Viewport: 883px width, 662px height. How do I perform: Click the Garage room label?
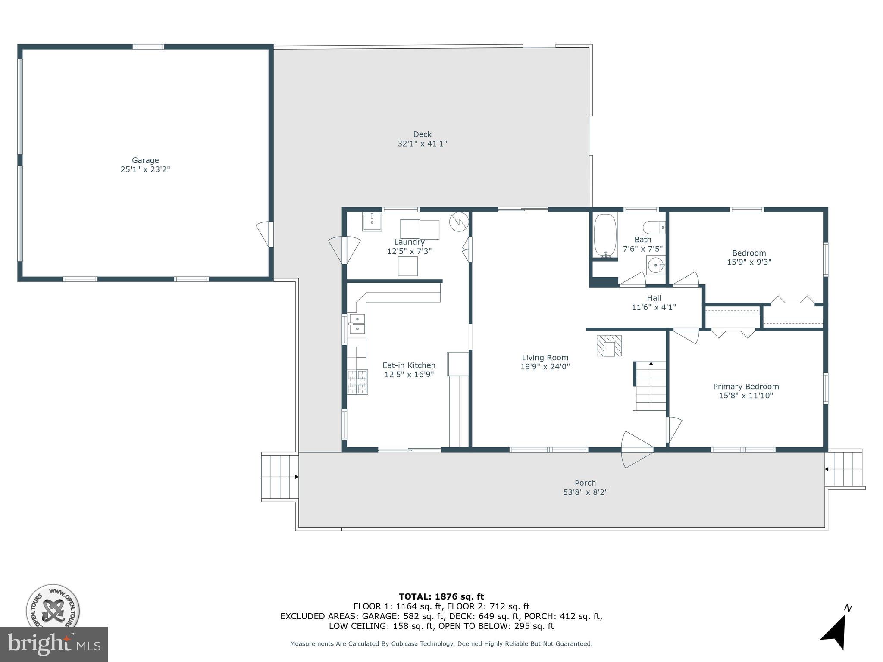tap(145, 160)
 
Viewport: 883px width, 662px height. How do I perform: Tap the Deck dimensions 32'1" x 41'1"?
tap(422, 144)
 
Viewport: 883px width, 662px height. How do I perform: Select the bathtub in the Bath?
tap(605, 236)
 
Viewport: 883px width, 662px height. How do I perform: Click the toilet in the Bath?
tap(654, 227)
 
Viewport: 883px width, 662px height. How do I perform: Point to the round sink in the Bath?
tap(655, 265)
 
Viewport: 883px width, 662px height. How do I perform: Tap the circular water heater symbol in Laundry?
tap(458, 221)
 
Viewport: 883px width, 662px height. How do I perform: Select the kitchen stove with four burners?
tap(358, 382)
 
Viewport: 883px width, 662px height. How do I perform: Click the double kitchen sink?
tap(357, 324)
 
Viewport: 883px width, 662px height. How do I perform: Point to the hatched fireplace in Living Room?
tap(609, 346)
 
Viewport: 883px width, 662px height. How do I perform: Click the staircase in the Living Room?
tap(650, 386)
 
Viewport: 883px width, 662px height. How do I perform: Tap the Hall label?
tap(654, 298)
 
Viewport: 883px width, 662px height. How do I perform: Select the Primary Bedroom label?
tap(746, 387)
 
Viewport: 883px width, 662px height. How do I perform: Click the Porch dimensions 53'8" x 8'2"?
tap(585, 492)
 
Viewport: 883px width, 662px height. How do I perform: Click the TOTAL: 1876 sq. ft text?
tap(441, 596)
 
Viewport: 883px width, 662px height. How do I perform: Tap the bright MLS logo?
tap(54, 644)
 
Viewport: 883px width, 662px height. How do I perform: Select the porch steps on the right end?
tap(844, 469)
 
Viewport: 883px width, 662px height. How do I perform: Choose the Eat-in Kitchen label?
tap(409, 365)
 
